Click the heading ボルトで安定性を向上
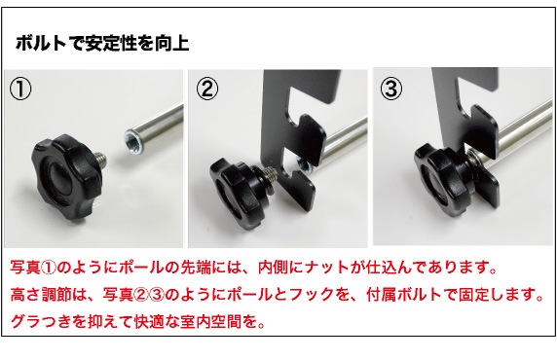pos(102,44)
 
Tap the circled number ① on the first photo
pos(20,90)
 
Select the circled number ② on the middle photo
pos(207,89)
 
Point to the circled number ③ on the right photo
pos(391,89)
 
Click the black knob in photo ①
pos(65,174)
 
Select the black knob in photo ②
pos(238,194)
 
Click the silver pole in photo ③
pos(522,126)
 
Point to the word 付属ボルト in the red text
pos(404,294)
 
